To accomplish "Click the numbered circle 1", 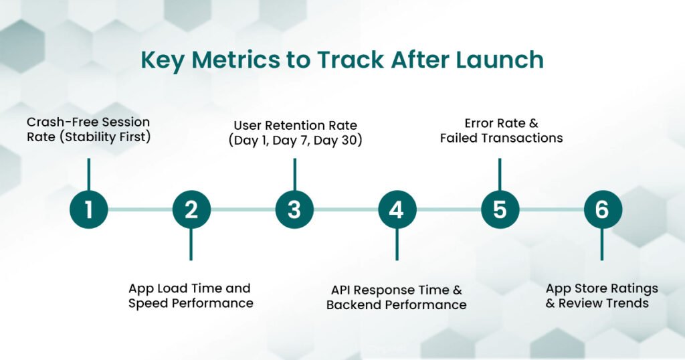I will coord(88,210).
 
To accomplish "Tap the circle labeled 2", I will coord(191,210).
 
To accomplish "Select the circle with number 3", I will coord(294,210).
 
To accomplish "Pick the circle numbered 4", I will coord(397,210).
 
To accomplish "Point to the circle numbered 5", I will coord(500,210).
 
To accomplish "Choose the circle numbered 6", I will coord(602,210).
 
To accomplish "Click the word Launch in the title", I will coord(500,60).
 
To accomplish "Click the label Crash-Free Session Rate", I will coord(88,130).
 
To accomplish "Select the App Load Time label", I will coord(190,296).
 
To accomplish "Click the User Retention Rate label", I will coord(294,125).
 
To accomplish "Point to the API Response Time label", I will coord(396,290).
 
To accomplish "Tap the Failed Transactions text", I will coord(501,139).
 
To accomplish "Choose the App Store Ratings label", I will coord(602,288).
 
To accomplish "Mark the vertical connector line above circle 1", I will coord(88,174).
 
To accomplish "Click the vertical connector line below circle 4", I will coord(397,244).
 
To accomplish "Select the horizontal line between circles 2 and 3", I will coord(243,210).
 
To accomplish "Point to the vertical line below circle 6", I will coord(602,244).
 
